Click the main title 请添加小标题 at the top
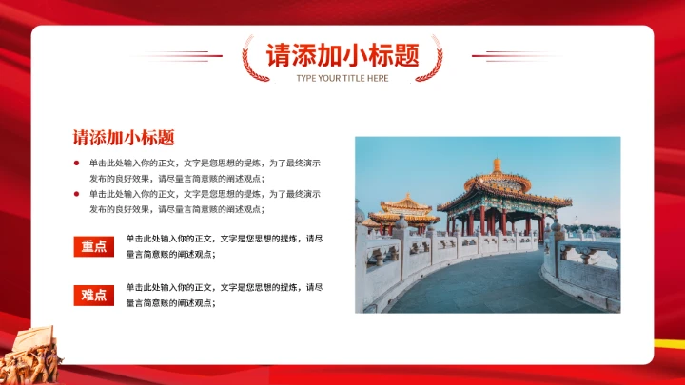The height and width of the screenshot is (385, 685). (x=342, y=55)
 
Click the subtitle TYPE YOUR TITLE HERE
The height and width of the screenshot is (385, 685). (x=342, y=78)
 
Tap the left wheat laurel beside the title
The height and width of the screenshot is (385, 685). (x=249, y=59)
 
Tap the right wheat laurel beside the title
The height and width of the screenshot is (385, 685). (x=435, y=59)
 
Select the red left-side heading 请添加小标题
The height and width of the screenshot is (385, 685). (x=123, y=137)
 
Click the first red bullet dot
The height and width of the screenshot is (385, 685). (x=76, y=163)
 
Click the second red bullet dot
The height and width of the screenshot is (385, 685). (x=76, y=193)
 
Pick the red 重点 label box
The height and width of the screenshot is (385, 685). (x=94, y=247)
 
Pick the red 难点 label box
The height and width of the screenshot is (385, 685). (x=94, y=295)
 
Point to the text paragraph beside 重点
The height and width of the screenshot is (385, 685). (x=225, y=246)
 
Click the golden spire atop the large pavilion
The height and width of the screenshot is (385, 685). (x=496, y=165)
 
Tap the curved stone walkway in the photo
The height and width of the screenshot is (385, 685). (x=476, y=285)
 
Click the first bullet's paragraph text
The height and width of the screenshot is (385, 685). (x=205, y=170)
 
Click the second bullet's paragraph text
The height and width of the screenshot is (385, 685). (x=205, y=201)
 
